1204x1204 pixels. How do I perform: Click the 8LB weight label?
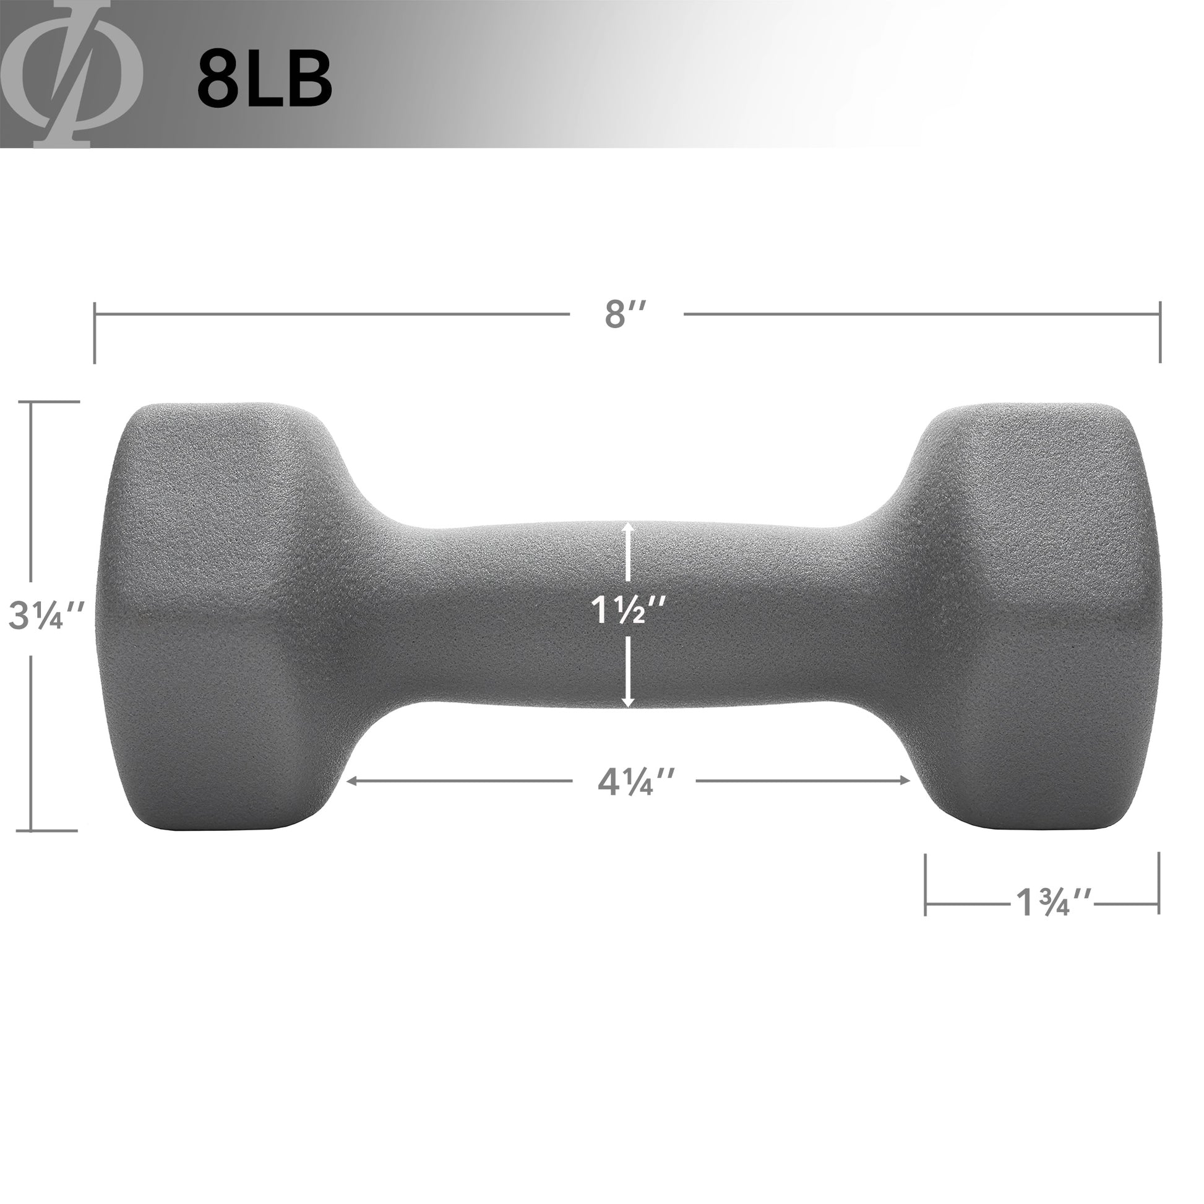click(264, 80)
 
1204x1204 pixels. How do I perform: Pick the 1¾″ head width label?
click(1053, 901)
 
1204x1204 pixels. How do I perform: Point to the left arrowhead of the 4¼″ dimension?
click(351, 781)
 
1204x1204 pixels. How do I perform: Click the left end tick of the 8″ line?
click(95, 332)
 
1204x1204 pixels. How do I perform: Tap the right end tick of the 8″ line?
click(1159, 332)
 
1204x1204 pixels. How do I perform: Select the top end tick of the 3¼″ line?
click(55, 402)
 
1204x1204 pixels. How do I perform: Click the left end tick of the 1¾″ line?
click(926, 884)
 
